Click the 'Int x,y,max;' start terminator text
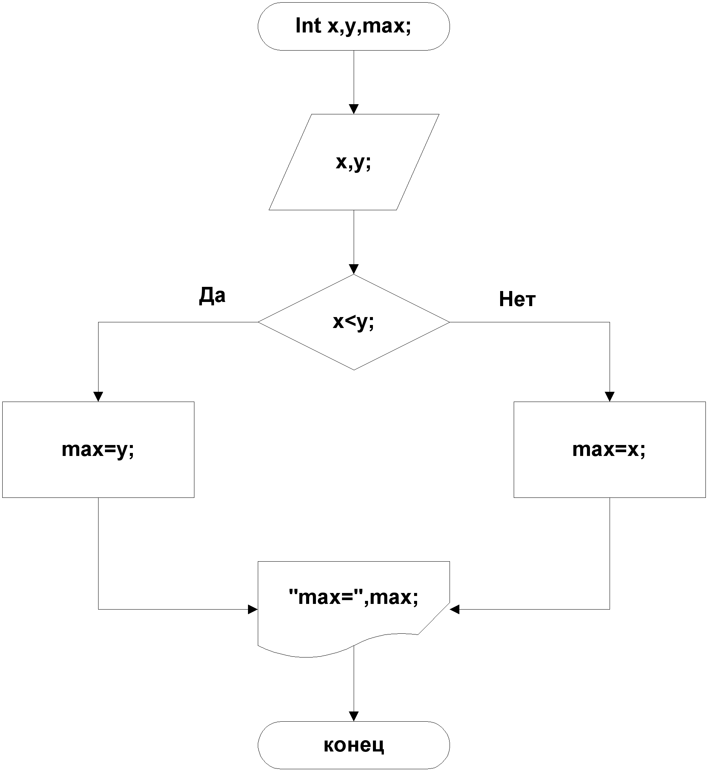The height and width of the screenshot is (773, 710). tap(353, 26)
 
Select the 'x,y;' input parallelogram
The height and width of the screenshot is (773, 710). tap(353, 162)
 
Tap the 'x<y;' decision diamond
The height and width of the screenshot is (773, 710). tap(353, 322)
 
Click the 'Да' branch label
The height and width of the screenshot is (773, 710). tap(212, 296)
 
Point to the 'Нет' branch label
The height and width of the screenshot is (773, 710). tap(517, 299)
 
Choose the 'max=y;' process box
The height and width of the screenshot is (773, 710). tap(98, 450)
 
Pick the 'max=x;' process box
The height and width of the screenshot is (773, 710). tap(609, 450)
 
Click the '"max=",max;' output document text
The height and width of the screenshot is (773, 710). tap(353, 597)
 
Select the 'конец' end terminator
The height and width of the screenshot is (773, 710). tap(353, 745)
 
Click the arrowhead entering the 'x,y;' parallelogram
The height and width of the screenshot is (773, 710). tap(353, 109)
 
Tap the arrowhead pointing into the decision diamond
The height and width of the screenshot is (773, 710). tap(353, 269)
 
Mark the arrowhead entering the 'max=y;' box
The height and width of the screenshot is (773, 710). tap(99, 396)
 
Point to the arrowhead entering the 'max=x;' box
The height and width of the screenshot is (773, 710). tap(609, 396)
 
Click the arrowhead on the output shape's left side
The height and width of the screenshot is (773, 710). tap(253, 609)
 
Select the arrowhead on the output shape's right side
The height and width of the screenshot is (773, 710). tap(455, 609)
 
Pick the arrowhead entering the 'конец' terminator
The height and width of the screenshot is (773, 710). tap(353, 716)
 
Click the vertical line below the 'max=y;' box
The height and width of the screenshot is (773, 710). tap(99, 553)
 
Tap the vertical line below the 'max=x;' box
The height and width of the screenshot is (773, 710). tap(609, 553)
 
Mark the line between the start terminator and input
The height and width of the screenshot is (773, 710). tap(353, 77)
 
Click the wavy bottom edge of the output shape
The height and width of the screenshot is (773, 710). tap(307, 657)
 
